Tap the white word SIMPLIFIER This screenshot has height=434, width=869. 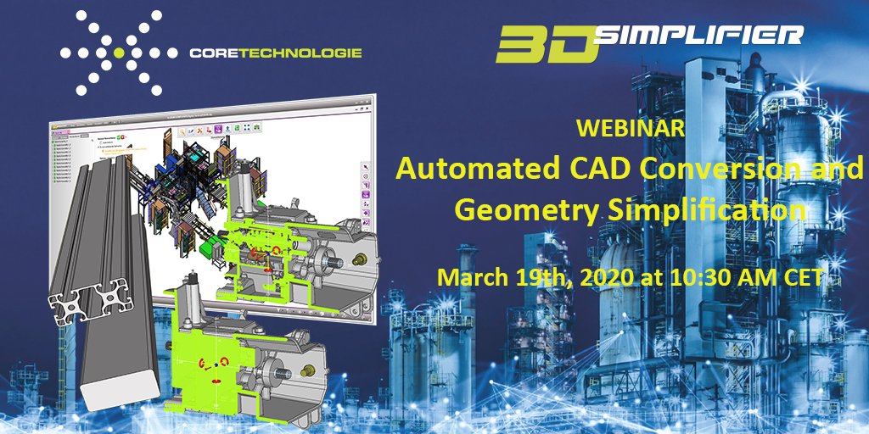(x=700, y=35)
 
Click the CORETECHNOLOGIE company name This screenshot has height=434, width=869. (x=277, y=53)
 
